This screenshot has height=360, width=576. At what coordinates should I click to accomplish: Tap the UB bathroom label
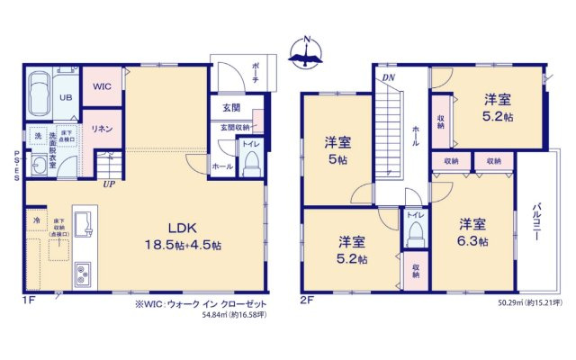[66, 96]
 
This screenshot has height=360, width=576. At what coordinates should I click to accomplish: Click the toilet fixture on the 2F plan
[414, 233]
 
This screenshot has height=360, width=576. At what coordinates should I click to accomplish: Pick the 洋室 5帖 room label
[337, 148]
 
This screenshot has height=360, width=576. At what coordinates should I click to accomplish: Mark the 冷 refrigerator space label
[37, 220]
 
